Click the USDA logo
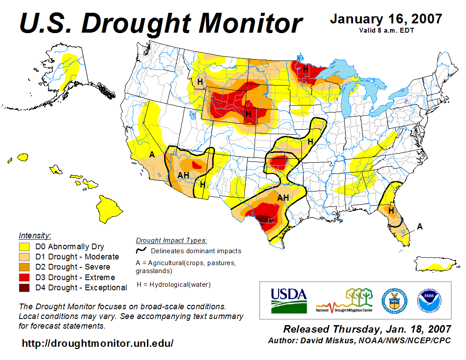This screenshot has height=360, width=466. point(288,300)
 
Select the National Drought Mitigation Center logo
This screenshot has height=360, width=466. point(345,300)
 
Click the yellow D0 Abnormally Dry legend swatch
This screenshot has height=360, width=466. point(24,247)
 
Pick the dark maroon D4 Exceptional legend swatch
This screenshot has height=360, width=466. point(24,288)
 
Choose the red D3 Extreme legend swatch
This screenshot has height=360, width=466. point(24,277)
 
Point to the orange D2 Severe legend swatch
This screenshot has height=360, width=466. point(24,267)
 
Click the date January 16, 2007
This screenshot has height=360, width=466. point(386,19)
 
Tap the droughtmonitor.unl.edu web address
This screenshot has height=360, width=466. point(98,343)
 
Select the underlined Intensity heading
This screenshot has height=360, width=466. point(35,235)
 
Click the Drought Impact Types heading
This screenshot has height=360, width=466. point(171,240)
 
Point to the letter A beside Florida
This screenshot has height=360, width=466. point(420,226)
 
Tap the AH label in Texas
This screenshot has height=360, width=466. point(283,198)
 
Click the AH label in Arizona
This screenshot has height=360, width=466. point(183,175)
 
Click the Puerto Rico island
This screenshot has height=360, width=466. point(435,266)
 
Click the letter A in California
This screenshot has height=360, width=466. point(152,155)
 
